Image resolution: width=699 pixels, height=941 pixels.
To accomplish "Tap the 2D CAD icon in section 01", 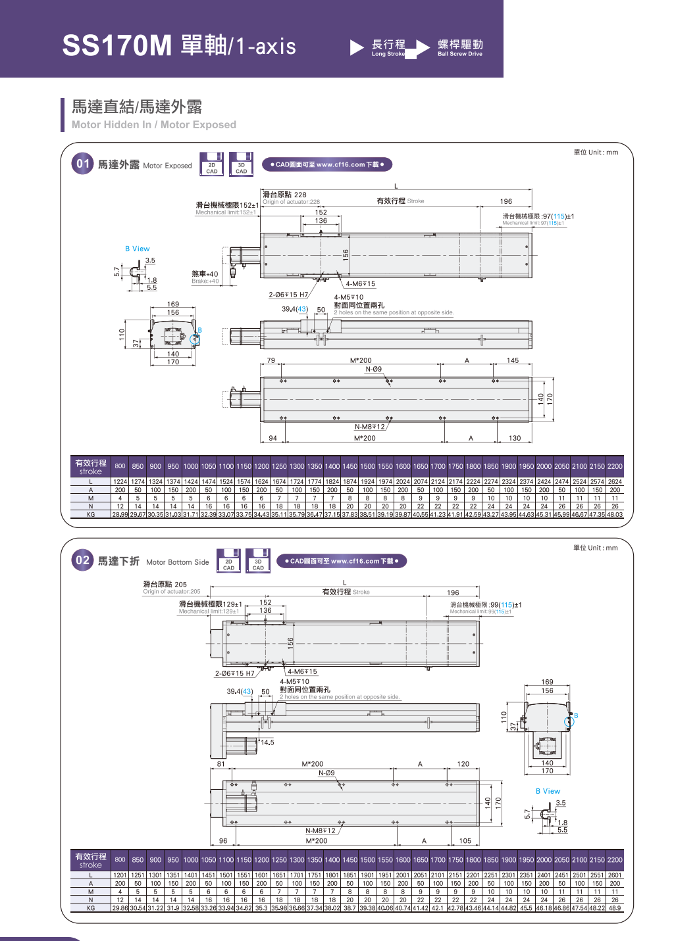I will (212, 164).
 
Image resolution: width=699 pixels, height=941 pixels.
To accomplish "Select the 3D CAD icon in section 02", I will (258, 560).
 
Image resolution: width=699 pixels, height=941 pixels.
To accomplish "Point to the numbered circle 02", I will (82, 560).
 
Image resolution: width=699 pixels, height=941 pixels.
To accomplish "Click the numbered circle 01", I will (82, 164).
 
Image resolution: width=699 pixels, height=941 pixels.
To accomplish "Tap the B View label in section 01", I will (138, 249).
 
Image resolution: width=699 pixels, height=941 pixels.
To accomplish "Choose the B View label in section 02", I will (548, 792).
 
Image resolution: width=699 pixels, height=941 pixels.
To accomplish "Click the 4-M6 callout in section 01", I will (360, 284).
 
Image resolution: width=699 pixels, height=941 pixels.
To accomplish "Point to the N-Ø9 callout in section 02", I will (326, 773).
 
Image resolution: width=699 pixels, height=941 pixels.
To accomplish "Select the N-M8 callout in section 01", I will (370, 427).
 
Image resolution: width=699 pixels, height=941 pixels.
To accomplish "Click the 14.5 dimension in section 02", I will (267, 743).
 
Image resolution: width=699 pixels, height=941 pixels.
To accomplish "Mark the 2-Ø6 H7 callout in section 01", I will (288, 295).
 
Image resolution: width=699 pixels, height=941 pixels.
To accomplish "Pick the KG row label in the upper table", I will (91, 515).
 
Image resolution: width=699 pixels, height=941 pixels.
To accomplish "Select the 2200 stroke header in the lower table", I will (615, 860).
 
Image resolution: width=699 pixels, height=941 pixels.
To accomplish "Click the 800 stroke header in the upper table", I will (120, 466).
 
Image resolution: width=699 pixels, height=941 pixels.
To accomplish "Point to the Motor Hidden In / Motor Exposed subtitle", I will (154, 125).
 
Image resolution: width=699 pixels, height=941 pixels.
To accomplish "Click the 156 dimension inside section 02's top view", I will (290, 642).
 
